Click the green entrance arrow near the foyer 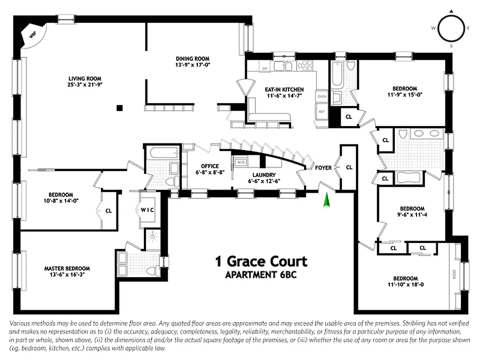pyautogui.click(x=327, y=200)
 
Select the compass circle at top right pyautogui.click(x=451, y=28)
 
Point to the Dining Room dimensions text pyautogui.click(x=192, y=65)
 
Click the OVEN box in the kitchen pyautogui.click(x=322, y=97)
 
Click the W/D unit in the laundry pyautogui.click(x=241, y=162)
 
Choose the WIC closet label pyautogui.click(x=147, y=210)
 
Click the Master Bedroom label pyautogui.click(x=67, y=268)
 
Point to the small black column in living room pyautogui.click(x=119, y=108)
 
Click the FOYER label pyautogui.click(x=323, y=168)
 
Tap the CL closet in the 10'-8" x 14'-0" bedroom pyautogui.click(x=108, y=210)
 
